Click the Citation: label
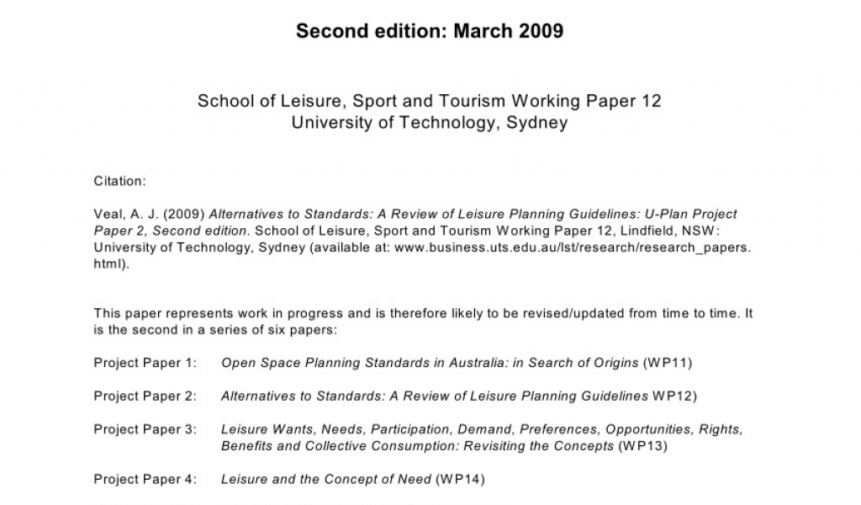click(x=120, y=181)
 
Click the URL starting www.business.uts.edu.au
click(x=573, y=247)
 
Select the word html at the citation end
click(x=108, y=263)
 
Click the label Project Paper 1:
click(x=145, y=364)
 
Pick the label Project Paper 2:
click(x=145, y=396)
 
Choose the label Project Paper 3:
click(x=145, y=429)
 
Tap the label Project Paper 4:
click(x=145, y=480)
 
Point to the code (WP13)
click(x=642, y=446)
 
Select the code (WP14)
click(x=459, y=480)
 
